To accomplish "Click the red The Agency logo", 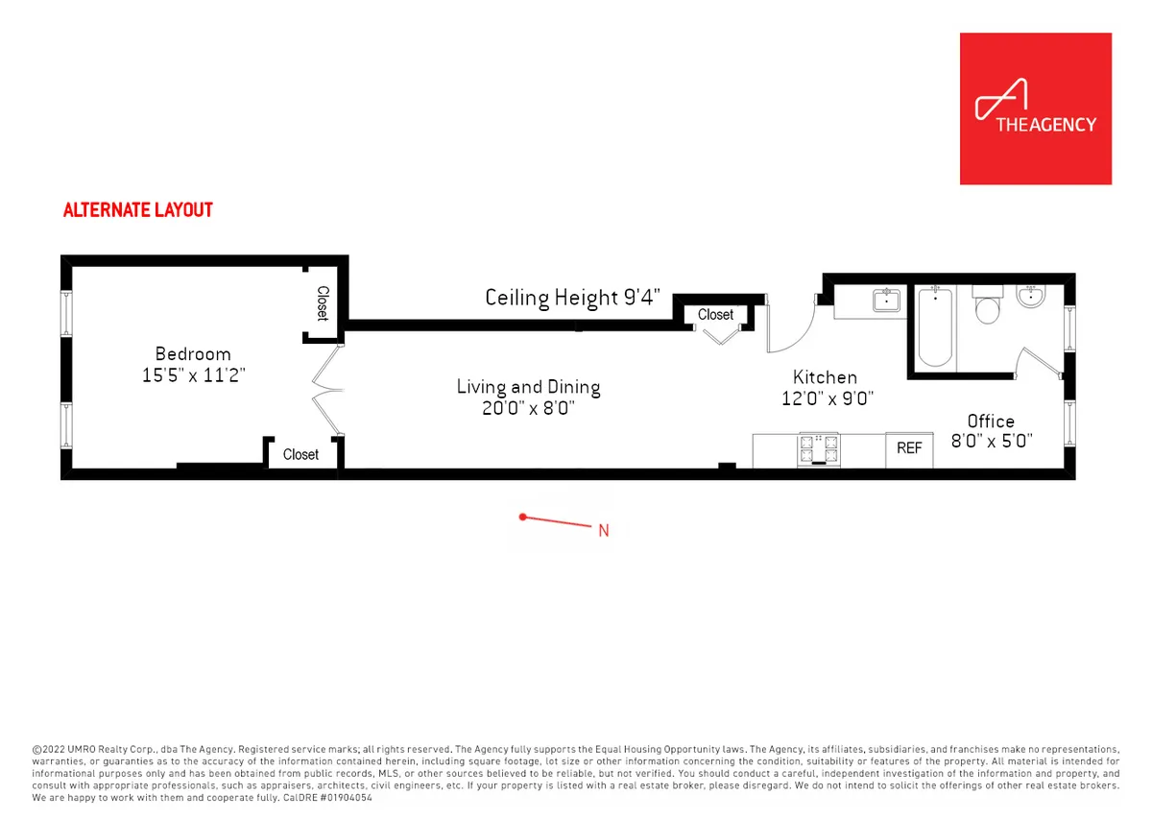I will point(1035,108).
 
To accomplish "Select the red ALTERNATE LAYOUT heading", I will point(137,209).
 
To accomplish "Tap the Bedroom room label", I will point(193,354).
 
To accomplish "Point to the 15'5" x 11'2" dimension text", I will point(193,375).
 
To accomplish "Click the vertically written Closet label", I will point(324,304).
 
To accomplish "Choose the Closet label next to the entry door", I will point(715,315).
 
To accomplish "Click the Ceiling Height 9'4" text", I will point(573,298).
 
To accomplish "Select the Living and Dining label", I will point(528,387).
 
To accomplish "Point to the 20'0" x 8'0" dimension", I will point(528,408).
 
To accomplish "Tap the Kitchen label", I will point(825,377).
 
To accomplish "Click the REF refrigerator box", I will point(909,448).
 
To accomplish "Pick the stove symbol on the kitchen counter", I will point(817,448).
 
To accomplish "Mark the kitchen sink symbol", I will point(885,301).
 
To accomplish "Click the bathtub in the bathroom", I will point(935,328).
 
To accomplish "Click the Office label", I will point(991,421).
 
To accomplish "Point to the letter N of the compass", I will point(604,530).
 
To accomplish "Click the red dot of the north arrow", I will point(522,517).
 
